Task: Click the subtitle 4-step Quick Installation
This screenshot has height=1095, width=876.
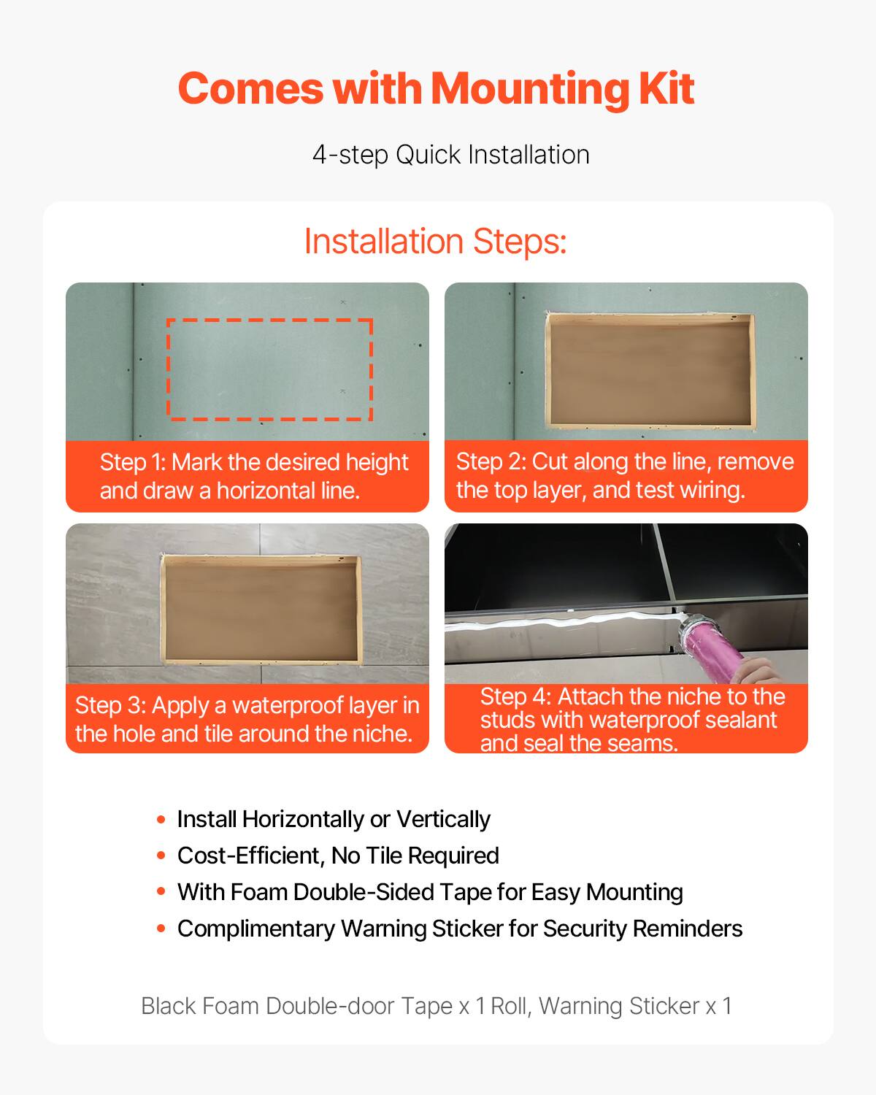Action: coord(450,155)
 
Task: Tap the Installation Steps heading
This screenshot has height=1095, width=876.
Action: coord(435,241)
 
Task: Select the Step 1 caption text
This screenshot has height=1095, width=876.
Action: coord(253,476)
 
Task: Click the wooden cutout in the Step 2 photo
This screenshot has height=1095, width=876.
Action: coord(650,372)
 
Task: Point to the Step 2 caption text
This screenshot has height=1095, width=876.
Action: coord(625,475)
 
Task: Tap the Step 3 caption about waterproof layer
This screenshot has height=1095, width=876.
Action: coord(247,719)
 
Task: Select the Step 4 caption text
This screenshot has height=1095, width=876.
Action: coord(631,719)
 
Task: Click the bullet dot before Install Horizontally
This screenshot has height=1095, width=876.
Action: coord(161,819)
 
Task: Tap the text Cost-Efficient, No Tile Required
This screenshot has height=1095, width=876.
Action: coord(338,856)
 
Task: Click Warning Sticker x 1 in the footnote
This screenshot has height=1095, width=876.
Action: coord(635,1006)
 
